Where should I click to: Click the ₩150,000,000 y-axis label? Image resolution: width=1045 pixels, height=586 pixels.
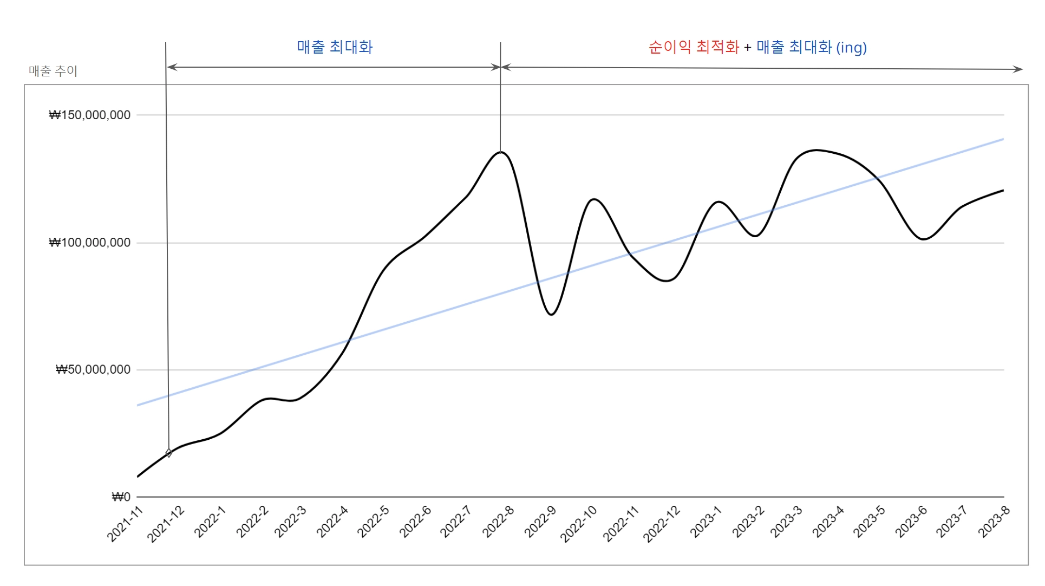click(90, 115)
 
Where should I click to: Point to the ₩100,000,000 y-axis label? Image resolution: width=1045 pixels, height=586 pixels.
click(90, 243)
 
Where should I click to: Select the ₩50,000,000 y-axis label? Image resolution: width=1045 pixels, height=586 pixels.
click(93, 370)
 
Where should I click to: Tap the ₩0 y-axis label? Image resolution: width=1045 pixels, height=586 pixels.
click(121, 497)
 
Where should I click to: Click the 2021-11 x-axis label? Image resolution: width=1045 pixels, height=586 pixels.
click(125, 524)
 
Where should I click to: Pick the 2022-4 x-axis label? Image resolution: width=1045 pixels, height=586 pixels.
click(332, 522)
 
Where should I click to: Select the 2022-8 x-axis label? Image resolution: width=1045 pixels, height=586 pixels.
click(498, 522)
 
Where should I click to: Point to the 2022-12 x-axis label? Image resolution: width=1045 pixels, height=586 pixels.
click(662, 524)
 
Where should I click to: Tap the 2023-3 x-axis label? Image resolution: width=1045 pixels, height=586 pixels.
click(786, 522)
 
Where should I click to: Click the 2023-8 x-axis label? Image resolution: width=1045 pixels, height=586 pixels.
click(994, 522)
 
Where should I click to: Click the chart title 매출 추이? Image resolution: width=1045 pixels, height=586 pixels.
click(53, 71)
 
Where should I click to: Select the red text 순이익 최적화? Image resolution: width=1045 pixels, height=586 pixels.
click(694, 48)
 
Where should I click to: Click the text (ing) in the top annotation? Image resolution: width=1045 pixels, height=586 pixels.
click(852, 48)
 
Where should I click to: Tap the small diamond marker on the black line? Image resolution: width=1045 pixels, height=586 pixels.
click(169, 453)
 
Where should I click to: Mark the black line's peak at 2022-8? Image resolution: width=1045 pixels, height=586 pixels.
click(501, 152)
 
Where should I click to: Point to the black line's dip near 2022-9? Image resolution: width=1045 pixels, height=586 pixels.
click(551, 314)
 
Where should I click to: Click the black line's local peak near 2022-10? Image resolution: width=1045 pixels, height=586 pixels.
click(595, 199)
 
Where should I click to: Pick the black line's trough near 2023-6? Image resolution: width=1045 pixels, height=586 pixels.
click(924, 239)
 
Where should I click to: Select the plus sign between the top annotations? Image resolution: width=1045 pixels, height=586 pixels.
click(748, 48)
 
